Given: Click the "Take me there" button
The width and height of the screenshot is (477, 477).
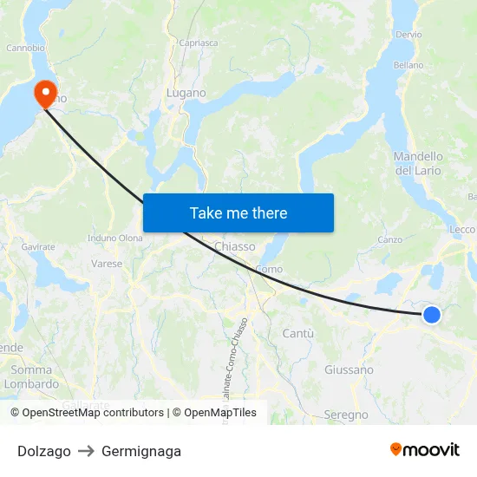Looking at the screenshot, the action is click(x=238, y=212).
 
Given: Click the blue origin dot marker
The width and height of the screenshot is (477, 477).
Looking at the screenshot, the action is click(x=431, y=315).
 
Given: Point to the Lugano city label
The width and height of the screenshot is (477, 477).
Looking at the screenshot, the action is click(x=186, y=93).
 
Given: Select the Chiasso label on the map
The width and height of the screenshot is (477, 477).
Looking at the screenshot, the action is click(x=234, y=246).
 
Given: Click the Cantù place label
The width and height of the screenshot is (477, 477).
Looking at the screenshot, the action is click(x=298, y=333).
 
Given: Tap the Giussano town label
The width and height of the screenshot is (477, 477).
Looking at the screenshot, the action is click(x=349, y=369).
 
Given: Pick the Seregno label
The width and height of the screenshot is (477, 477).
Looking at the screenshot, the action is click(x=346, y=415).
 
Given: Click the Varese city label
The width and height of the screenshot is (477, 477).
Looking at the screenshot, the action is click(x=107, y=263).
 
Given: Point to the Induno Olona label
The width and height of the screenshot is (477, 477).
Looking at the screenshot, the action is click(x=115, y=238).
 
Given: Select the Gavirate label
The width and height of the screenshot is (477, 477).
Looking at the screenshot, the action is click(x=38, y=246).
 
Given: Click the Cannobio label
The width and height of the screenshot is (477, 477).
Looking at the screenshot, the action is click(x=25, y=48).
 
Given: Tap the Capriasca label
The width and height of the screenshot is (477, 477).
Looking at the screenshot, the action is click(x=198, y=42).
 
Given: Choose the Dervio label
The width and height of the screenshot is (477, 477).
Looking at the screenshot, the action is click(x=408, y=34).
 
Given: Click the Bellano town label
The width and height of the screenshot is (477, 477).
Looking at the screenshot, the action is click(x=408, y=65).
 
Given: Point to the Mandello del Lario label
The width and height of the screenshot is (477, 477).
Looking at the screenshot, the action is click(x=418, y=163).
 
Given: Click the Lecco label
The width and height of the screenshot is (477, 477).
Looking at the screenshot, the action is click(x=462, y=229).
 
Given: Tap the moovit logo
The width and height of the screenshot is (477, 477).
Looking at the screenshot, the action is click(x=424, y=449).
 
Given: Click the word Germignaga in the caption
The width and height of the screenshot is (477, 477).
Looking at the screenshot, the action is click(x=141, y=451).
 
